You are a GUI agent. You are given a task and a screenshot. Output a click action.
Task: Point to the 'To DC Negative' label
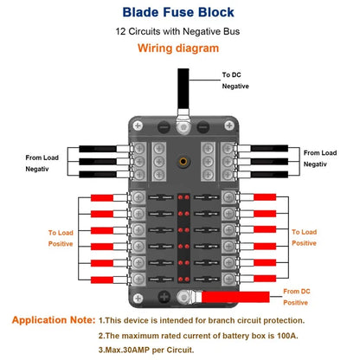point(235,80)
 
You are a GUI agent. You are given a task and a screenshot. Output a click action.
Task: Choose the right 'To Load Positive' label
point(305,238)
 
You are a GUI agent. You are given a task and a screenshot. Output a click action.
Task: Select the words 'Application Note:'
point(53,319)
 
